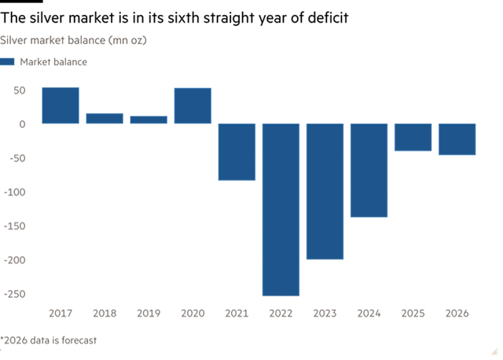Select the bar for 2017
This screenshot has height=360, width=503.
(x=61, y=105)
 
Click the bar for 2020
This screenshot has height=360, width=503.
(x=193, y=105)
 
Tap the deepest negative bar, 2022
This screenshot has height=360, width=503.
(x=281, y=209)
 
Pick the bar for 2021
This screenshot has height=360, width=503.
(x=237, y=152)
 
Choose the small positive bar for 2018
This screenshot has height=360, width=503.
(x=105, y=118)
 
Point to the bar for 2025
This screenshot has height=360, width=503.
(x=413, y=138)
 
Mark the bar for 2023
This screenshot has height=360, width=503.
(x=325, y=191)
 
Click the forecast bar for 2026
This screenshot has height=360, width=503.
(x=457, y=140)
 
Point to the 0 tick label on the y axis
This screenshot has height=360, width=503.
(x=23, y=123)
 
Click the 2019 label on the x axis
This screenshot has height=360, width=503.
(x=149, y=313)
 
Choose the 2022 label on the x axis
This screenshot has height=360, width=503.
(x=281, y=313)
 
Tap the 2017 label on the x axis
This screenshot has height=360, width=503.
(x=61, y=313)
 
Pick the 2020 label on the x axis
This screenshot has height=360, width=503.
(x=193, y=313)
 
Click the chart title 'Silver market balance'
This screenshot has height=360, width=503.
(x=74, y=39)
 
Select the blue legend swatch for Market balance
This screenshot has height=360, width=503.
(x=8, y=61)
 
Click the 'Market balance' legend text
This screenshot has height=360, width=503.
(x=54, y=61)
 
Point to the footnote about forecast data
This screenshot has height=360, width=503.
(x=49, y=340)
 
